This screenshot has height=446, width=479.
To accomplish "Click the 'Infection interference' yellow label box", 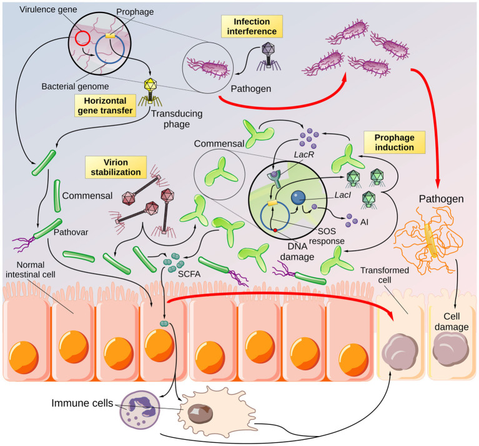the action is tap(252, 26).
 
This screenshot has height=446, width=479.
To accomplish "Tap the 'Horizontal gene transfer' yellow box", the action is tap(105, 106).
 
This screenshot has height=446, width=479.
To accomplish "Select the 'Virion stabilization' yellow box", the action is tap(116, 167).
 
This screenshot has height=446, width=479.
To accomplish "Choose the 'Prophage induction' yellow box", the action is tap(395, 142).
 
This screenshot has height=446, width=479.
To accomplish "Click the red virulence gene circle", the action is tap(82, 39).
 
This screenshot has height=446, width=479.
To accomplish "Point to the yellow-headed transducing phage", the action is tap(150, 91).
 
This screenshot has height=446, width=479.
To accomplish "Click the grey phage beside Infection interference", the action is tap(269, 56).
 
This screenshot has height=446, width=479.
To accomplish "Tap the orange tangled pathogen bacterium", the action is tap(428, 238).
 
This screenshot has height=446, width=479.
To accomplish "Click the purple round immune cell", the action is tap(140, 410).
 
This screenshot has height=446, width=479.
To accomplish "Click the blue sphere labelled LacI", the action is tap(298, 198).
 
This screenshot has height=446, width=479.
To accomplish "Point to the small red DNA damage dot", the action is tap(275, 230).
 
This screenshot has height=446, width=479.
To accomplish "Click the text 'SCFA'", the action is tap(189, 274).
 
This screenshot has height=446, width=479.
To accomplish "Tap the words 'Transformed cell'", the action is tap(385, 275).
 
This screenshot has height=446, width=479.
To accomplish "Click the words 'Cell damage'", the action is tap(452, 321).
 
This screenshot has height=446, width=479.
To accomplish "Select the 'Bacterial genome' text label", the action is tap(75, 86).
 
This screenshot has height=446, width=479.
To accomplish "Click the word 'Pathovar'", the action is tap(71, 232).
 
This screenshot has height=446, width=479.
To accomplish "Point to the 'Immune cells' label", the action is tap(82, 403).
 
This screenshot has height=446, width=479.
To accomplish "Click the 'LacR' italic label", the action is tap(304, 155).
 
